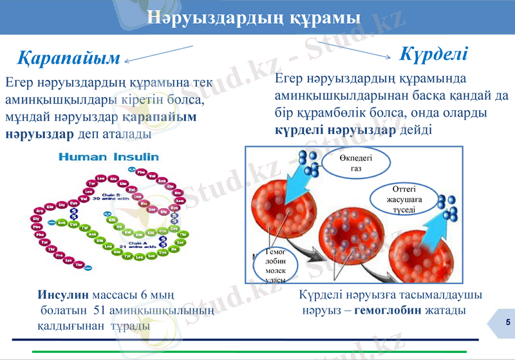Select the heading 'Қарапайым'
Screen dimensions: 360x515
point(68,59)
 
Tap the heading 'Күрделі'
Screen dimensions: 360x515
point(434,53)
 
